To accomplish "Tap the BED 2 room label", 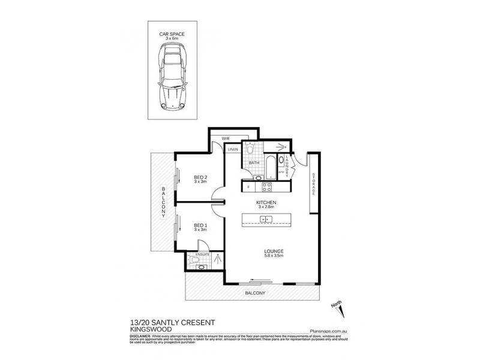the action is [200, 178].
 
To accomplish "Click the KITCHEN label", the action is [266, 203].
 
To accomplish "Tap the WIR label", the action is [226, 139].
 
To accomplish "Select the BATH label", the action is [254, 163].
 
